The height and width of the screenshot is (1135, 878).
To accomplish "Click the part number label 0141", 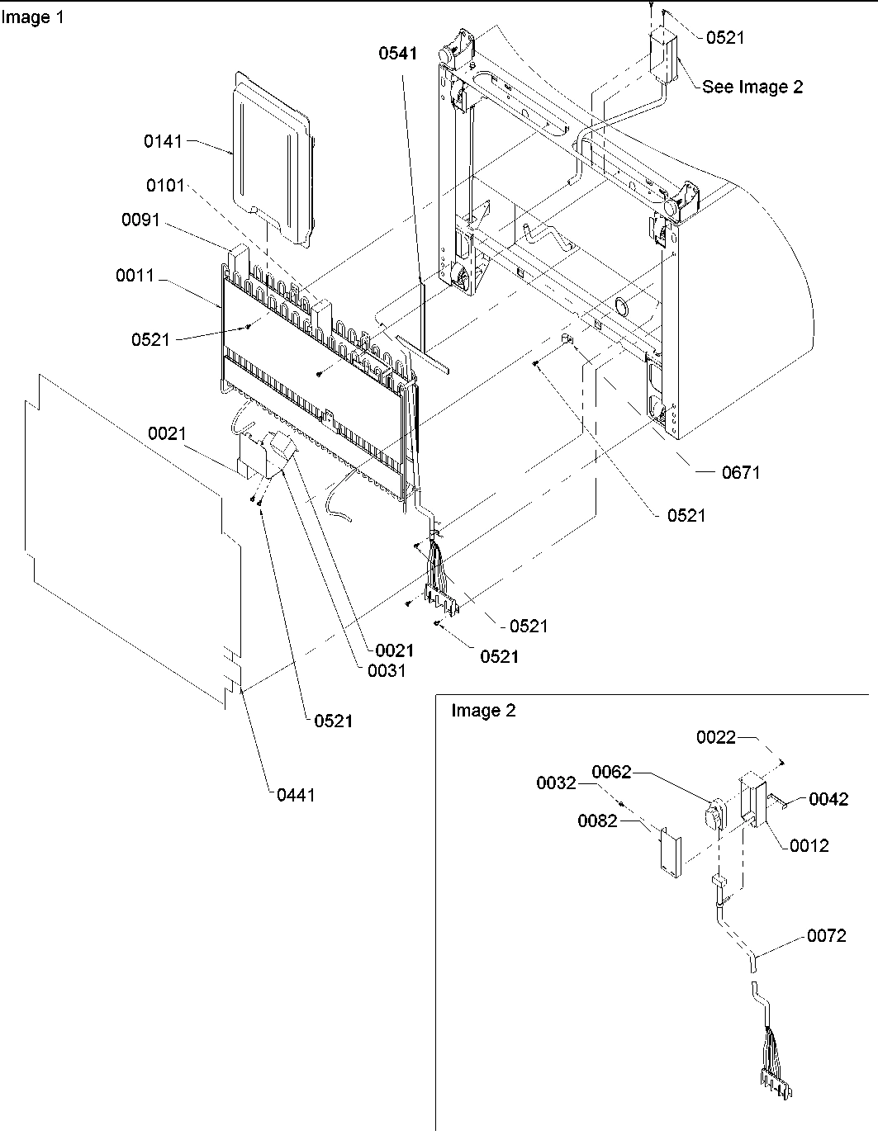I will tap(163, 141).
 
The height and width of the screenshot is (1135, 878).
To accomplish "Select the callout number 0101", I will tap(165, 185).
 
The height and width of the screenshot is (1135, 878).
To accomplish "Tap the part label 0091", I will tap(140, 220).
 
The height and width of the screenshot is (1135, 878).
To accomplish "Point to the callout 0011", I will tap(135, 276).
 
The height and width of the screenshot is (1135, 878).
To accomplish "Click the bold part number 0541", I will tap(398, 54).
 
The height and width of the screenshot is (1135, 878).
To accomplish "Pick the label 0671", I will tap(740, 472).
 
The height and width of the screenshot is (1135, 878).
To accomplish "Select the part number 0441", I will tap(295, 795).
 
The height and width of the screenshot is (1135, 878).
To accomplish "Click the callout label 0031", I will tap(387, 670).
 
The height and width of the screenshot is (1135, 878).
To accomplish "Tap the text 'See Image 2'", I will tap(752, 87).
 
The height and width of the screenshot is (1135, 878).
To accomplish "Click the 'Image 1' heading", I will tap(31, 17).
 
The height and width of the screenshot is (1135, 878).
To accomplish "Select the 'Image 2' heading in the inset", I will tap(483, 711).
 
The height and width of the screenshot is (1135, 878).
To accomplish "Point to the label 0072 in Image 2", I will tap(827, 936).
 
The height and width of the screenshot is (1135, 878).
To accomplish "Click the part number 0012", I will tap(809, 845).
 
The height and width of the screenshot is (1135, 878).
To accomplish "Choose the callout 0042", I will tap(828, 799).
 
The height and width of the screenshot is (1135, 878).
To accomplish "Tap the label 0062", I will tap(611, 772).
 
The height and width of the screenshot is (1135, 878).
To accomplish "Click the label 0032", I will tap(556, 783).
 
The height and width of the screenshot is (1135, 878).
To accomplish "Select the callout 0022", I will tap(715, 737).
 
